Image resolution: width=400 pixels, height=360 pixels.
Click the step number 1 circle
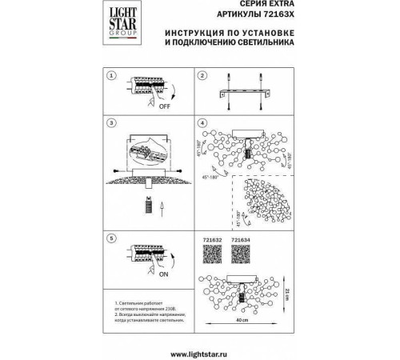click(112, 75)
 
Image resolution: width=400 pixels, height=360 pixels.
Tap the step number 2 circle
click(202, 75)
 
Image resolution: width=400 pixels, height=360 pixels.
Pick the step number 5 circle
click(112, 238)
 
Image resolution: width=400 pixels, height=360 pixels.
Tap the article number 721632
click(207, 238)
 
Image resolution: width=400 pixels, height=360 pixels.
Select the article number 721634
click(241, 238)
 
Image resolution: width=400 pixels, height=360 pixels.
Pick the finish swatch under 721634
click(241, 253)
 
